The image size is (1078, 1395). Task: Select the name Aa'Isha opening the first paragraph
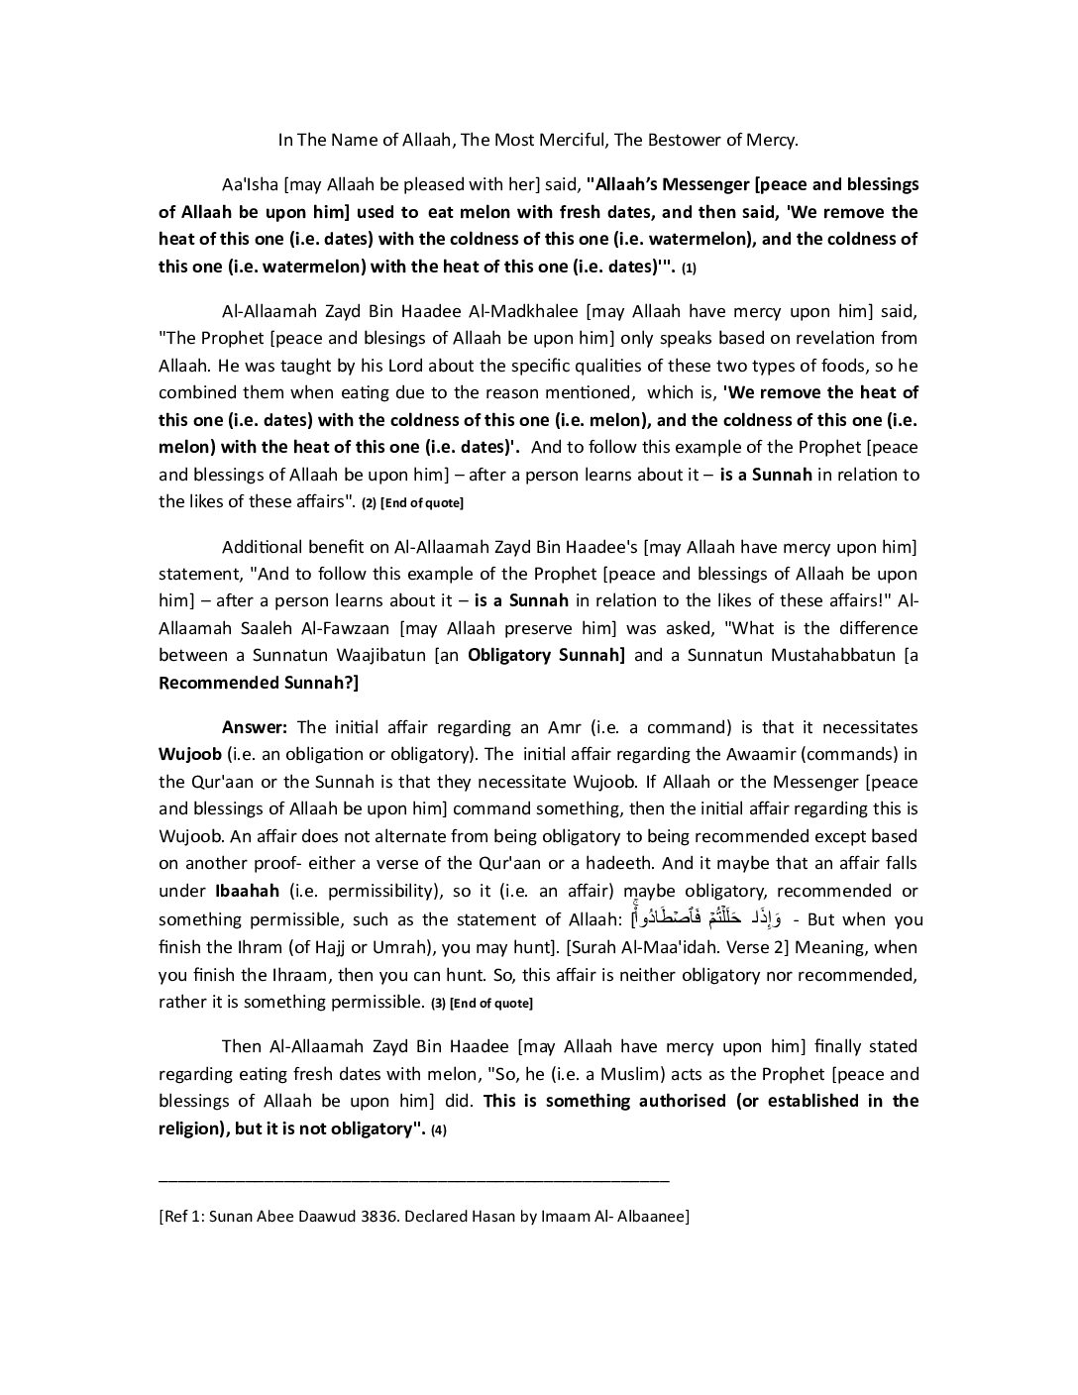click(251, 184)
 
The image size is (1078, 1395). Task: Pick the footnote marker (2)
click(369, 503)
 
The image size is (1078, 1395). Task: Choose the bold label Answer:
click(255, 727)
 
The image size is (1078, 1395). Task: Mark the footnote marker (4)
click(439, 1130)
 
